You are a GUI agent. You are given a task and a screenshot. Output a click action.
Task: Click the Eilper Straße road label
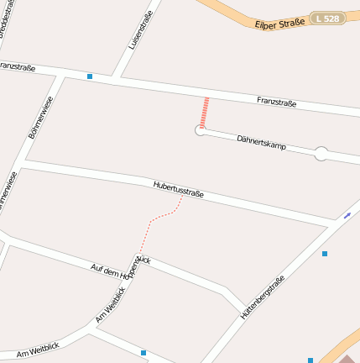[x=279, y=23]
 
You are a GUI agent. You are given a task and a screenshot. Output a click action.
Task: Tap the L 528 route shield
[x=328, y=17]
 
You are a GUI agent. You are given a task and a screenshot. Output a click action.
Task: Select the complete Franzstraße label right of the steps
[x=277, y=103]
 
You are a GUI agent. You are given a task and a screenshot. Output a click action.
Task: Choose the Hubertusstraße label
[x=178, y=190]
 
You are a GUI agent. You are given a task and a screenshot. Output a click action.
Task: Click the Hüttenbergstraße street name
[x=263, y=297]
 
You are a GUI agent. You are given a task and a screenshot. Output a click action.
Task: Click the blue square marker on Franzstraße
[x=90, y=76]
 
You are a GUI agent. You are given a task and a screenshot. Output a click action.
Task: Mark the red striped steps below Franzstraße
[x=204, y=112]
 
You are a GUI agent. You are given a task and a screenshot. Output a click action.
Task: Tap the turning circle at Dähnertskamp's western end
[x=201, y=130]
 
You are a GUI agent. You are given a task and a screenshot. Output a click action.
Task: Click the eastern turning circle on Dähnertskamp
[x=321, y=154]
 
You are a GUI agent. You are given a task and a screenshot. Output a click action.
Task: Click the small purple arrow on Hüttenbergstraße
[x=347, y=215]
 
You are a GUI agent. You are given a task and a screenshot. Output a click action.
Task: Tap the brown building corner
[x=347, y=359]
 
